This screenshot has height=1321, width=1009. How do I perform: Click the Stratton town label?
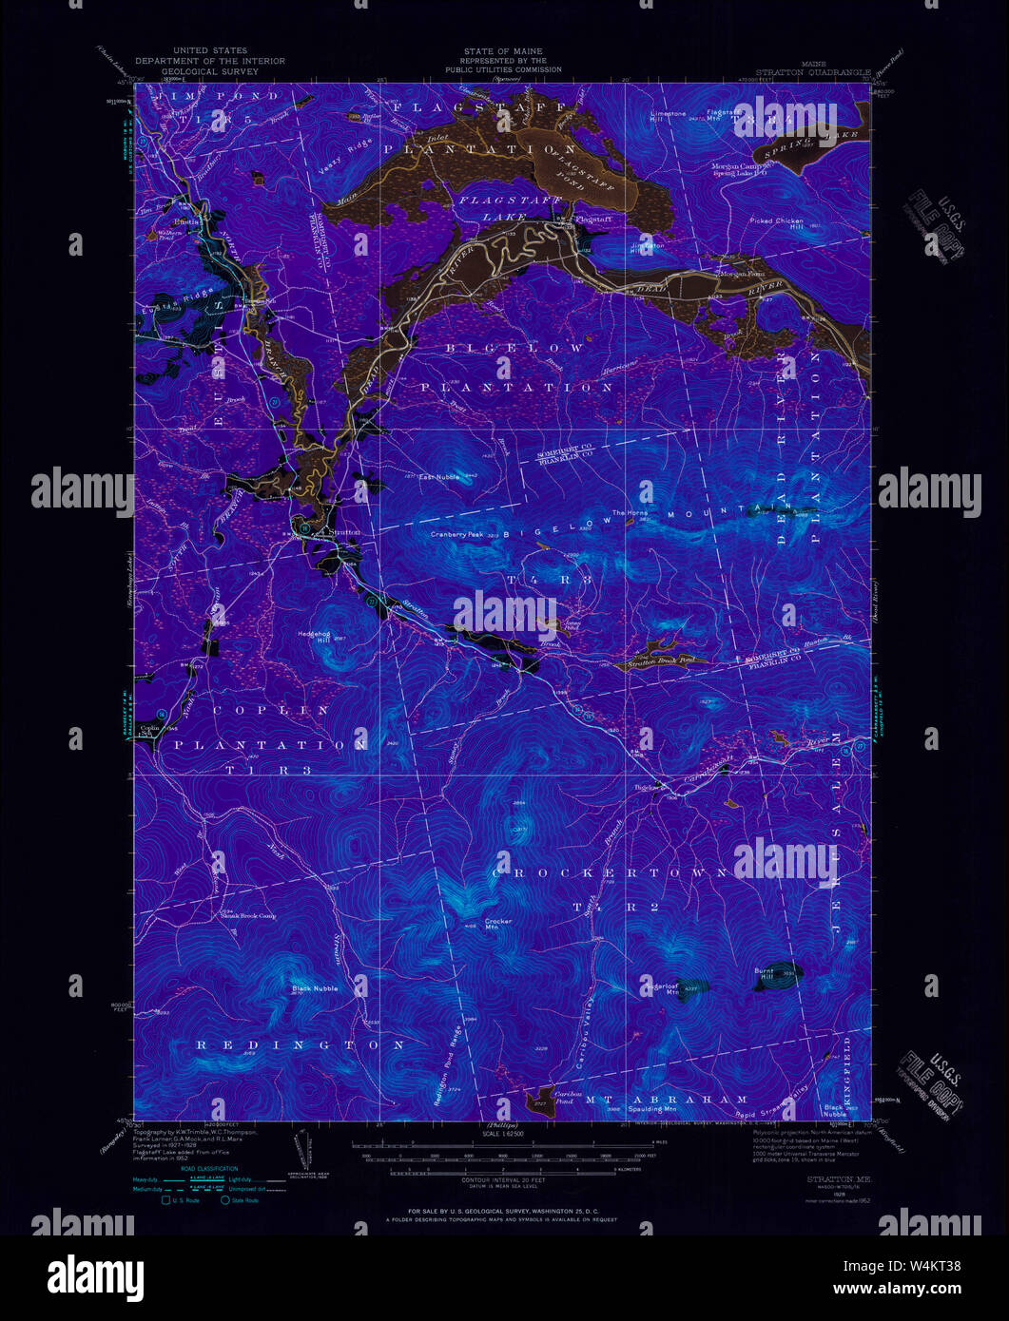[345, 532]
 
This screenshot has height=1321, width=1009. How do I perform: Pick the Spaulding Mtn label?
[655, 1109]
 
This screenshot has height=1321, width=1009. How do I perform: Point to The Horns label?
[629, 513]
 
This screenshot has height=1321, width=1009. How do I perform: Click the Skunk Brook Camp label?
[249, 916]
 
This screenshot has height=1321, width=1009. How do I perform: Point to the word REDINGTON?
[301, 1044]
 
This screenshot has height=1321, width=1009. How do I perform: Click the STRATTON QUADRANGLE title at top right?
[813, 71]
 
